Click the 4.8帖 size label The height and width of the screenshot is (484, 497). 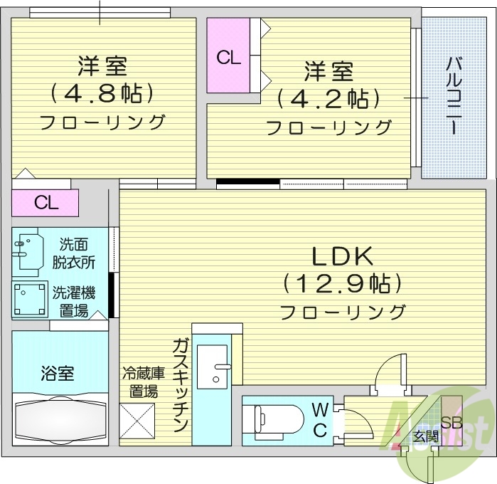(x=102, y=93)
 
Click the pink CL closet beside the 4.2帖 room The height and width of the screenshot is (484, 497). (x=228, y=57)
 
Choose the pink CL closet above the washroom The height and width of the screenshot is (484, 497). (x=46, y=204)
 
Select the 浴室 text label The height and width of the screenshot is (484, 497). (x=58, y=372)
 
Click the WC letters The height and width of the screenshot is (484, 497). (x=319, y=419)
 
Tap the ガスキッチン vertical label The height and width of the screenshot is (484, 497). (x=180, y=385)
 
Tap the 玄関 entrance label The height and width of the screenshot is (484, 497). (x=425, y=436)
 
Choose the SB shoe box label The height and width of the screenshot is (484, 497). (x=451, y=422)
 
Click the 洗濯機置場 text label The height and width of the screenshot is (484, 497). (x=74, y=301)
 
